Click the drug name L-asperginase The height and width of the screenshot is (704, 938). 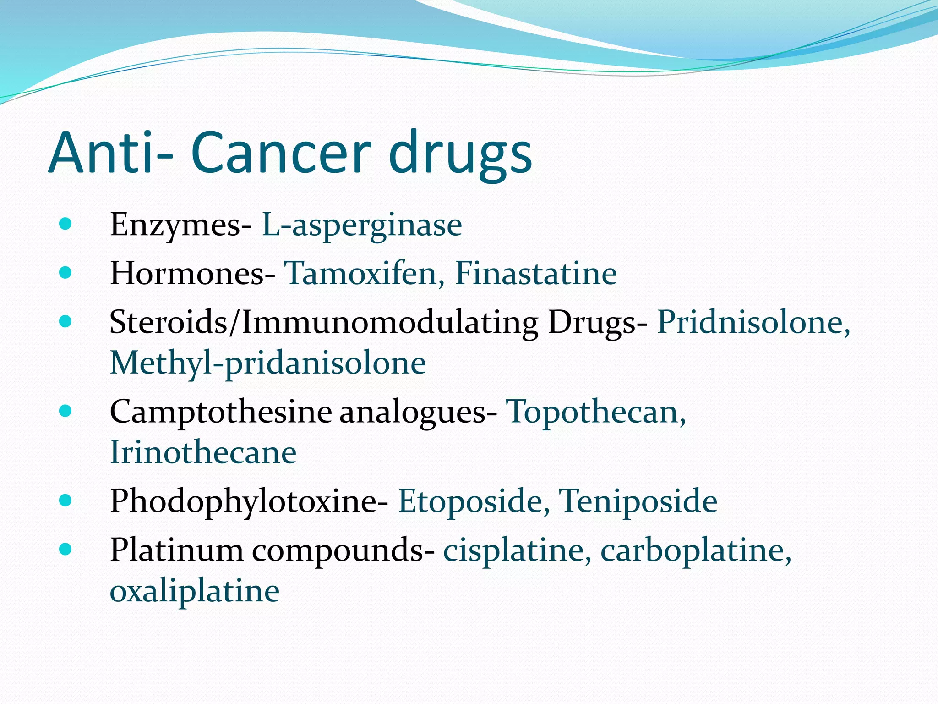(x=362, y=225)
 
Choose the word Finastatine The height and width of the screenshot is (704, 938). (x=536, y=274)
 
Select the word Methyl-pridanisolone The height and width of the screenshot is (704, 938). (x=268, y=363)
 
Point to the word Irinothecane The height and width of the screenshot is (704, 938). (x=203, y=452)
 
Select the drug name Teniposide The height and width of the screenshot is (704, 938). (x=638, y=501)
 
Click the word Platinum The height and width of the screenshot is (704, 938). (x=177, y=550)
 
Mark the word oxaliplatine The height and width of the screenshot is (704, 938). (x=195, y=591)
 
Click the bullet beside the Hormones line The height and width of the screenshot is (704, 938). (x=65, y=273)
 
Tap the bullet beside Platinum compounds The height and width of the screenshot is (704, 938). (x=65, y=549)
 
